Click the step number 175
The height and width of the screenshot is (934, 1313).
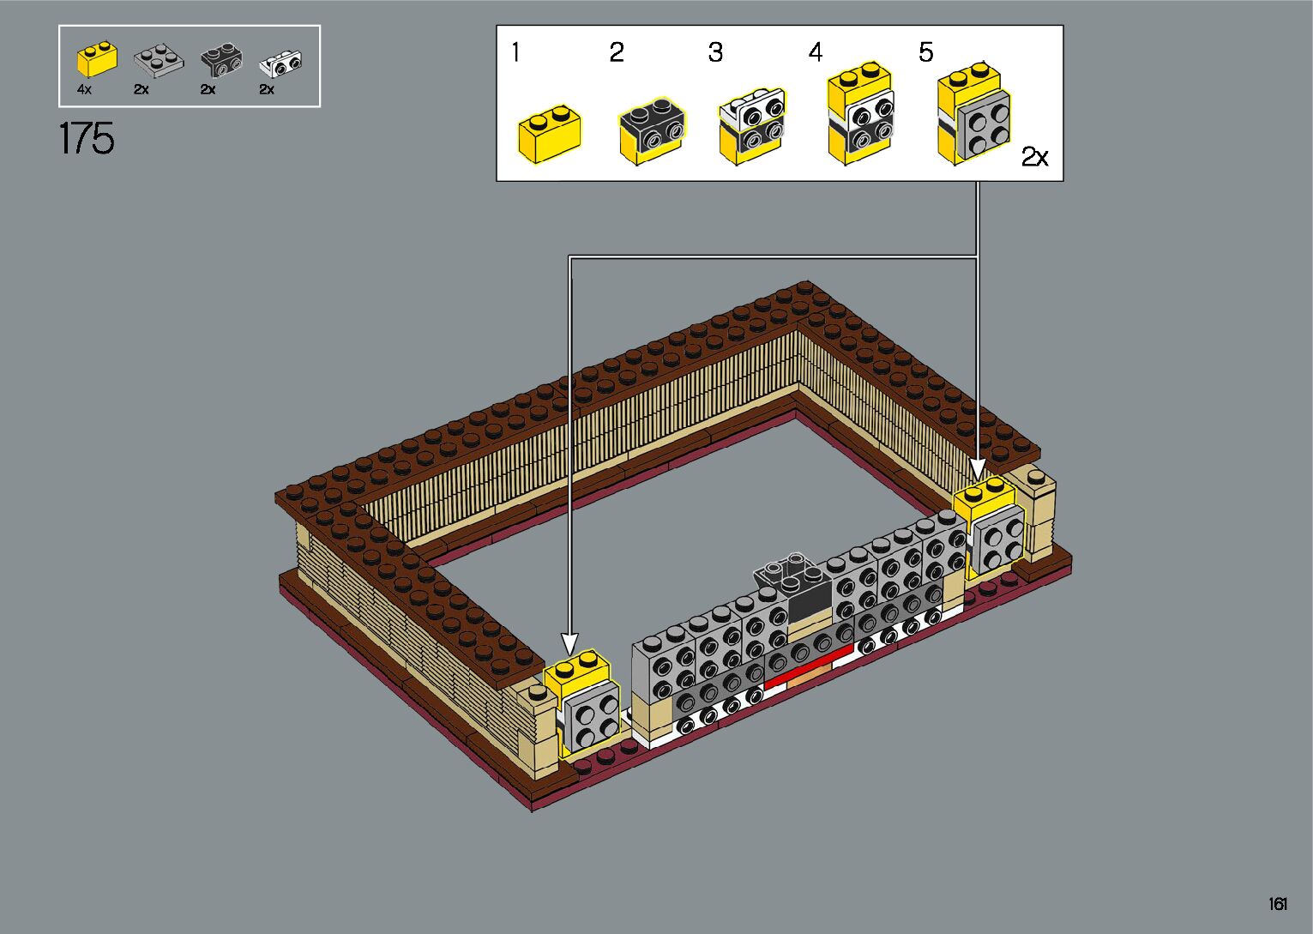pos(87,139)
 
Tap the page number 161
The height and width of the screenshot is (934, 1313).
pos(1279,904)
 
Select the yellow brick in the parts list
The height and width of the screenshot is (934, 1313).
pos(97,59)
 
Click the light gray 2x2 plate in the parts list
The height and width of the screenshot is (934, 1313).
pos(159,62)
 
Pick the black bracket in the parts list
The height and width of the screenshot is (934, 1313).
pos(221,60)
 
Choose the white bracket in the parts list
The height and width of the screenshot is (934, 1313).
pos(280,63)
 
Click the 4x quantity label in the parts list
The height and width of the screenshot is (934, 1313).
pos(84,90)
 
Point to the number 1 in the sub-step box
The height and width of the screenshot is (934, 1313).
pos(515,52)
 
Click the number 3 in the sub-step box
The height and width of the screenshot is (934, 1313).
pos(715,52)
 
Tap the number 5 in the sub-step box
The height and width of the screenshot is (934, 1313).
pos(925,52)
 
